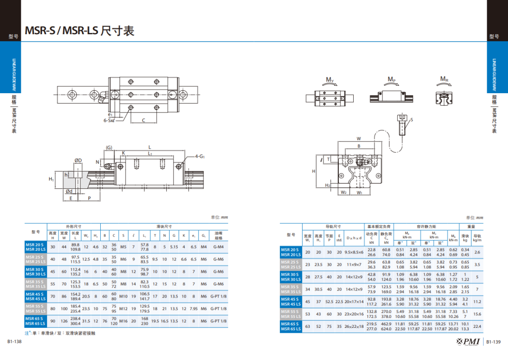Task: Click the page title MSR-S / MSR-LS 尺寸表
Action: pyautogui.click(x=79, y=31)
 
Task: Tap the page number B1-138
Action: pyautogui.click(x=14, y=342)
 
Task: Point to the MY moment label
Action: pyautogui.click(x=329, y=80)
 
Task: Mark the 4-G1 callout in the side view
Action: pyautogui.click(x=199, y=157)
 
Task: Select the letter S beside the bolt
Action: pyautogui.click(x=411, y=120)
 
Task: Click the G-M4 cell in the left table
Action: pyautogui.click(x=218, y=246)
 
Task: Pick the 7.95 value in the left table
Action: pyautogui.click(x=193, y=308)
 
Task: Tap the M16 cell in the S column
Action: pyautogui.click(x=123, y=321)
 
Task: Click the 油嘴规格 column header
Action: pyautogui.click(x=218, y=234)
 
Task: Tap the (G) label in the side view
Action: pyautogui.click(x=110, y=147)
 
